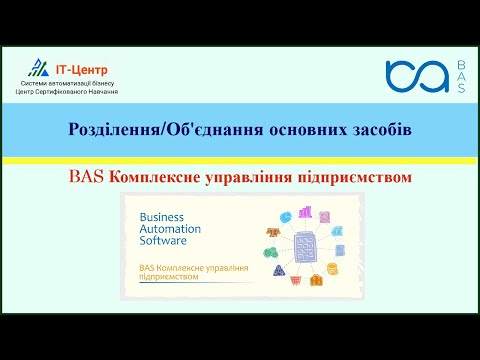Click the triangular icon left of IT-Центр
[37, 68]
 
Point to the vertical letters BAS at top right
[461, 77]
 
